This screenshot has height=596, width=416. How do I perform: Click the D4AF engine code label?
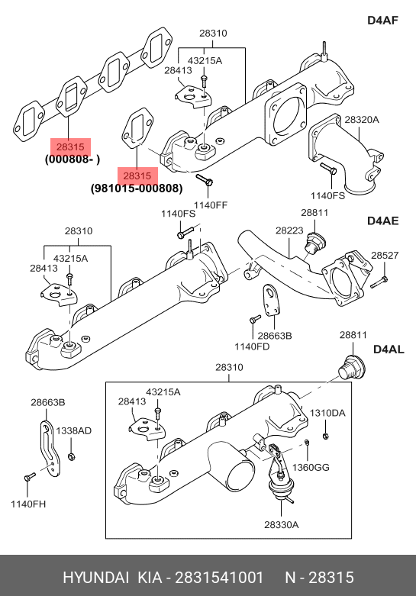click(383, 20)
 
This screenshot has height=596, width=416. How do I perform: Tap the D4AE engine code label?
click(383, 221)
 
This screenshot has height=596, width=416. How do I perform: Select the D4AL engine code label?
click(389, 350)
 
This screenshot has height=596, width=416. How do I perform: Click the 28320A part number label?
click(362, 120)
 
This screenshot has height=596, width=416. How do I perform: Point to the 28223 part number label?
click(289, 230)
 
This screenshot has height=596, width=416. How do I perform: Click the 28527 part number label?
click(385, 256)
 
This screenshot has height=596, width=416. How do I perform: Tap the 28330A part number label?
click(282, 525)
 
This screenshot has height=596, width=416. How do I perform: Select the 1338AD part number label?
click(74, 431)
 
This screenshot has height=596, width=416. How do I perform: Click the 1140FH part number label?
click(28, 504)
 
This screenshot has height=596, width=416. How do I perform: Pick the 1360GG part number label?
click(311, 468)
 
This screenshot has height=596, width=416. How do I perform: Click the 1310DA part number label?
click(327, 413)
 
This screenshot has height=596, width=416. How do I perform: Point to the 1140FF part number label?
click(211, 205)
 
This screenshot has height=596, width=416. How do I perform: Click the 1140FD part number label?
click(252, 346)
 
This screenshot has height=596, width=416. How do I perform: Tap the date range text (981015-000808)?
click(137, 188)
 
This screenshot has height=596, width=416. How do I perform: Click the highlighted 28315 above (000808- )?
click(70, 147)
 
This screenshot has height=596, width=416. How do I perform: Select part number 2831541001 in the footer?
click(218, 578)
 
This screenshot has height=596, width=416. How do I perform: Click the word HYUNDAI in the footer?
click(96, 578)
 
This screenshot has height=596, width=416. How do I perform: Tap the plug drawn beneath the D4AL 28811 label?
click(352, 368)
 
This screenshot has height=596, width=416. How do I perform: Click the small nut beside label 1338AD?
click(71, 456)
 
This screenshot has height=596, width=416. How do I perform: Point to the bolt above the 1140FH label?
click(30, 477)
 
